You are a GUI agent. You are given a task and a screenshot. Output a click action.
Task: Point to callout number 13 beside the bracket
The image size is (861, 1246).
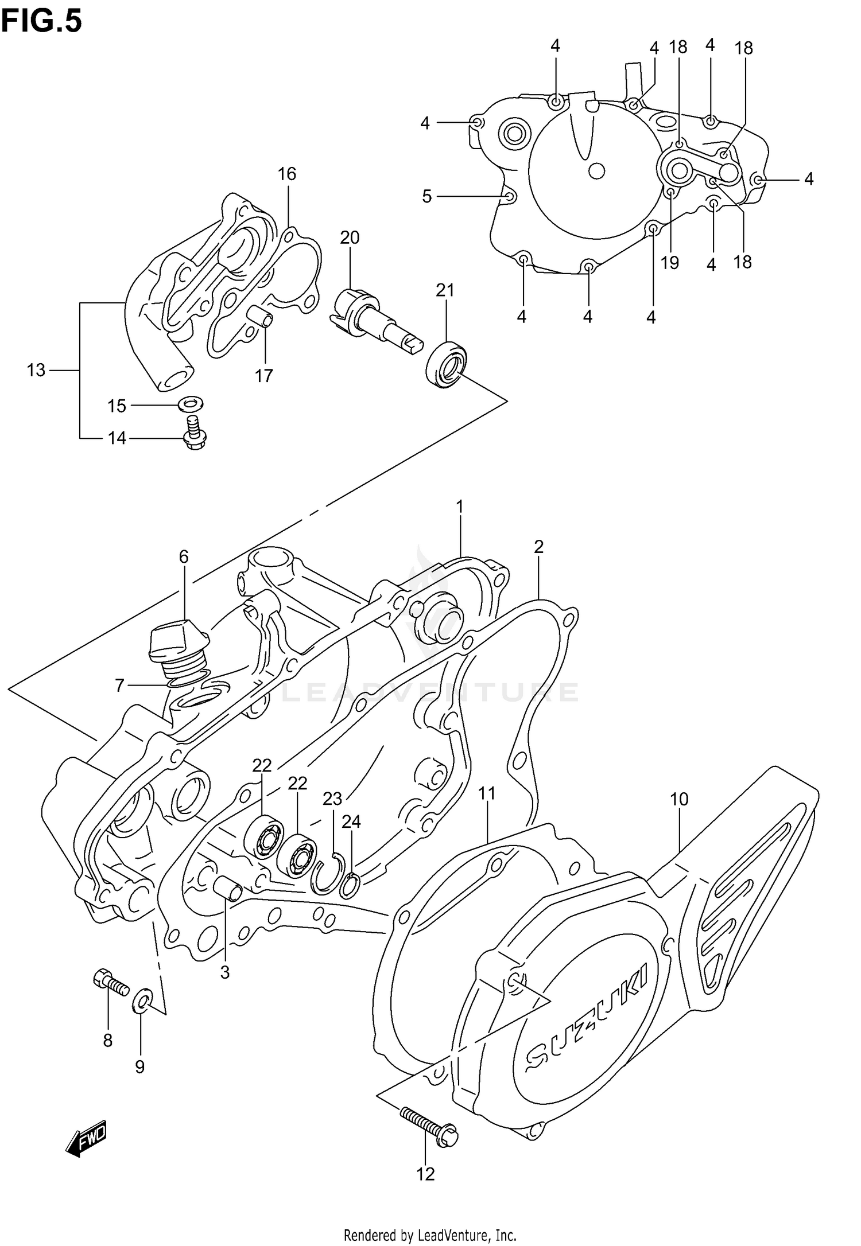tap(36, 371)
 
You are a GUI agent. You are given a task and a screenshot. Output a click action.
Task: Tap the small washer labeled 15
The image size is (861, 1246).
tap(188, 405)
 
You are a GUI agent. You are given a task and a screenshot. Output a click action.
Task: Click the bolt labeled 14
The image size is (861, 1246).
tap(194, 435)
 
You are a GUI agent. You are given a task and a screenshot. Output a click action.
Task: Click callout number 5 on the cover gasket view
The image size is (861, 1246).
tap(426, 197)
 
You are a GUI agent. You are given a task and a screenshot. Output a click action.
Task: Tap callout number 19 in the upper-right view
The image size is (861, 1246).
tap(669, 263)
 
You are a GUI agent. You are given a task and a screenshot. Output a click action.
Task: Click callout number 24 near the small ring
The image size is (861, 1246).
tap(351, 822)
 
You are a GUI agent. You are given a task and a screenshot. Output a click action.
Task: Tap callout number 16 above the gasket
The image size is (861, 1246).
tap(287, 174)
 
